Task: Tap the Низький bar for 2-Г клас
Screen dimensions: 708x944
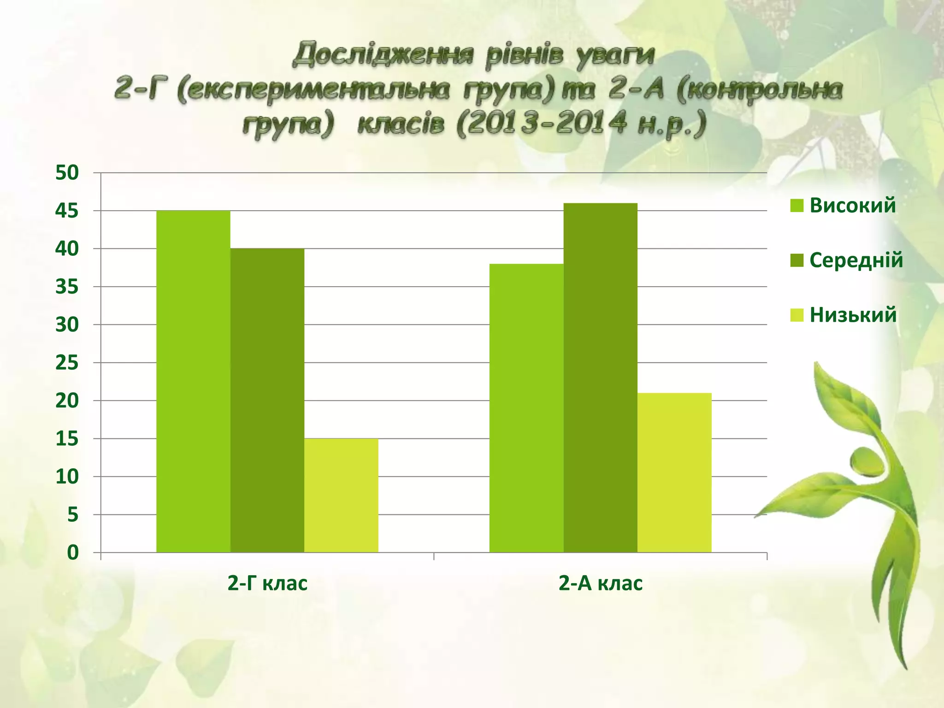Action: pyautogui.click(x=341, y=495)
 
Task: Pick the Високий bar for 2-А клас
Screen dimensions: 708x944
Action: pyautogui.click(x=526, y=408)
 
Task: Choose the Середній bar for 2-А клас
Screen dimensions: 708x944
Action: pyautogui.click(x=600, y=378)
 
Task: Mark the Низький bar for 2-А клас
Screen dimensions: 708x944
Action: pyautogui.click(x=674, y=472)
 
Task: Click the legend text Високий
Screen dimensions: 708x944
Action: pyautogui.click(x=853, y=205)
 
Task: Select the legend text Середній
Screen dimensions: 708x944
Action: pyautogui.click(x=856, y=260)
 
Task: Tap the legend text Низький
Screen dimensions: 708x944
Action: pyautogui.click(x=853, y=315)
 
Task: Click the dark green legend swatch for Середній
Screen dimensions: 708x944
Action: pyautogui.click(x=796, y=260)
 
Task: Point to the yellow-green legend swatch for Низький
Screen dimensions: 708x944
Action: pyautogui.click(x=796, y=315)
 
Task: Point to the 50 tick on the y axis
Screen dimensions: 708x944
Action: pyautogui.click(x=67, y=173)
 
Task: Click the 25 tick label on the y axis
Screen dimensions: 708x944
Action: pyautogui.click(x=67, y=363)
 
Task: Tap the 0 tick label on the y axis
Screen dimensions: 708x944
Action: pyautogui.click(x=73, y=553)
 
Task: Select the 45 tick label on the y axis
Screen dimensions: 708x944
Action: pyautogui.click(x=67, y=211)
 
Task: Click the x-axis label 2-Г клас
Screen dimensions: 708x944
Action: pyautogui.click(x=267, y=583)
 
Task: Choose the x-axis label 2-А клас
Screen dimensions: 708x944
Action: pyautogui.click(x=600, y=583)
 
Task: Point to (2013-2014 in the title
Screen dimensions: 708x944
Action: pyautogui.click(x=542, y=124)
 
